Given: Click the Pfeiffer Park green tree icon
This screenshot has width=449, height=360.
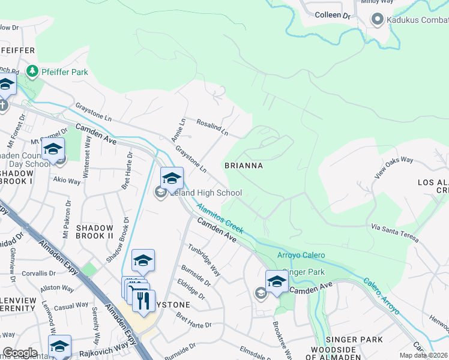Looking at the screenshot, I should pyautogui.click(x=32, y=72).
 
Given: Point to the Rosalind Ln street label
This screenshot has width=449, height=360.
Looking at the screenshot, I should pyautogui.click(x=212, y=127).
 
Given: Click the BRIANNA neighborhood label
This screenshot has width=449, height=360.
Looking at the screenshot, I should pyautogui.click(x=243, y=165).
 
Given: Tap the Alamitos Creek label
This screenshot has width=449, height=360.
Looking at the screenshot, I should pyautogui.click(x=220, y=218).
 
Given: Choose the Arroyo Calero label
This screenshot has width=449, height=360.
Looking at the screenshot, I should pyautogui.click(x=301, y=255).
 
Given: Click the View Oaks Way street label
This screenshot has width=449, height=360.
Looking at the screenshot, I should pyautogui.click(x=394, y=168).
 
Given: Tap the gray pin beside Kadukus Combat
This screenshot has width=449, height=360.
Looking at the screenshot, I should pyautogui.click(x=378, y=19).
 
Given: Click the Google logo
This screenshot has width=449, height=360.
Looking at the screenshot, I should pyautogui.click(x=20, y=353).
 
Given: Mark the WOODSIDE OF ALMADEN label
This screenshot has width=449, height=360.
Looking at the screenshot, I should pyautogui.click(x=347, y=353).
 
